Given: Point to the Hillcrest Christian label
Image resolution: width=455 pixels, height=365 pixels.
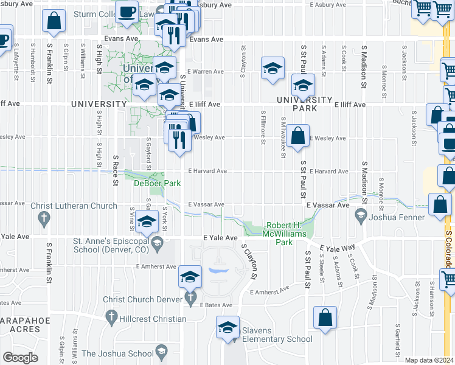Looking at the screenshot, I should tap(145, 319).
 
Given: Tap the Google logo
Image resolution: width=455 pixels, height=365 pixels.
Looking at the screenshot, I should tap(20, 357).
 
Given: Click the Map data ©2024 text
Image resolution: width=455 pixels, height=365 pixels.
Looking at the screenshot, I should tap(429, 360).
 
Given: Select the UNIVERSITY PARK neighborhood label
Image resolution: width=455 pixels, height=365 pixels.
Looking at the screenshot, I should tap(305, 104).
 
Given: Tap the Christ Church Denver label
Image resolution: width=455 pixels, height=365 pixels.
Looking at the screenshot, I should tap(144, 299).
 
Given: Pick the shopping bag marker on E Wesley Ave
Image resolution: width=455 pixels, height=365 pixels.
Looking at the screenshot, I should tap(297, 136).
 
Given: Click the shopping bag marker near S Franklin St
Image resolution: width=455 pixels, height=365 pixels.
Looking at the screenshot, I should tap(54, 22).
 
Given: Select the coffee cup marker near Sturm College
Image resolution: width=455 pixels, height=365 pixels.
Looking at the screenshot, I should tap(127, 12).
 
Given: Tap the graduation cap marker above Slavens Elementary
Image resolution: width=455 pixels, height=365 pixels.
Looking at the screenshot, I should tap(227, 328).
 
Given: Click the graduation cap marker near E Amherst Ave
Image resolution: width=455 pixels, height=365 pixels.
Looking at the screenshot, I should tap(190, 277).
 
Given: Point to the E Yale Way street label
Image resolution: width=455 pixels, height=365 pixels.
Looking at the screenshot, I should tap(337, 249).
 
